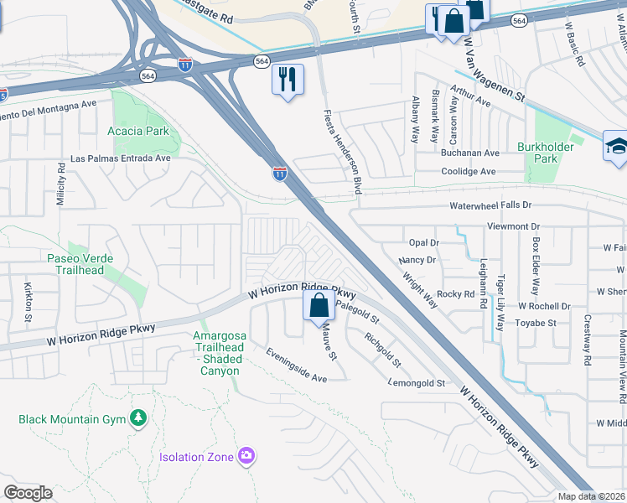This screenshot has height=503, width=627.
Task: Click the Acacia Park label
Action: click(x=138, y=131)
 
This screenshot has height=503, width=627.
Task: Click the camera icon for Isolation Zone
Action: click(x=246, y=456)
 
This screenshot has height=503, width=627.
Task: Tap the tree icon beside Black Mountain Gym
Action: click(x=138, y=418)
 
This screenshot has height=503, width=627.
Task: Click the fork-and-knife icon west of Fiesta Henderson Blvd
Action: click(x=288, y=80)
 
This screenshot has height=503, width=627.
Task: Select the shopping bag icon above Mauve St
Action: click(x=319, y=306)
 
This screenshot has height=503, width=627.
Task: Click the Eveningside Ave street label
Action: click(x=297, y=366)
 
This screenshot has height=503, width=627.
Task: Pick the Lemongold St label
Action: click(x=417, y=383)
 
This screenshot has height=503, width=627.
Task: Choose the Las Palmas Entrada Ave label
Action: click(x=121, y=158)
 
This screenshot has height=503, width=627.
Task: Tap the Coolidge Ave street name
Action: click(x=469, y=171)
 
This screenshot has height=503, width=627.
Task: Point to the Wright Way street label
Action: click(x=419, y=287)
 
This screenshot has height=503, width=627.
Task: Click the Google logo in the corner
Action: click(x=28, y=493)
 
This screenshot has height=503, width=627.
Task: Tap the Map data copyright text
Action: click(x=591, y=496)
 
